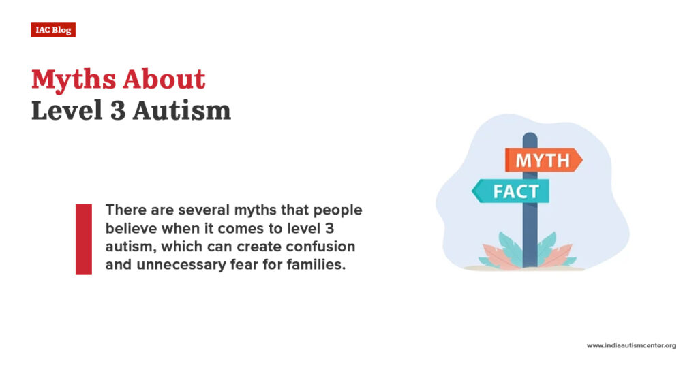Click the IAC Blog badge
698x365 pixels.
click(52, 30)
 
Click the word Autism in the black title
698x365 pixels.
click(181, 111)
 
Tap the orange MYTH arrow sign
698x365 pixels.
click(543, 161)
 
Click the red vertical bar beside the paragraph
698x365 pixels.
click(83, 239)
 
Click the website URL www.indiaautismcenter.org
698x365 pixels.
click(631, 346)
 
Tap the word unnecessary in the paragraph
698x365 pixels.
click(172, 264)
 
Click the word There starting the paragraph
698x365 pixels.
click(123, 210)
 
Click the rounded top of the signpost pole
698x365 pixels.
click(530, 138)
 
